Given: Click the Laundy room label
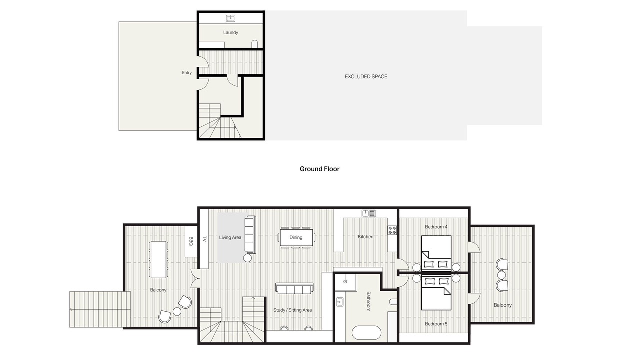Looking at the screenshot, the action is click(231, 32).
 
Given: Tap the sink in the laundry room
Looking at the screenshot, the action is click(231, 18).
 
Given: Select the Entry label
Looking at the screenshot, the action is click(187, 73).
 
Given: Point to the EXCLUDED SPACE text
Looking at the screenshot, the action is click(366, 76).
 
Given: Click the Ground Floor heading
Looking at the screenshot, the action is click(319, 169).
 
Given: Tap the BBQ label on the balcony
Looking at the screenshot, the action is click(191, 241).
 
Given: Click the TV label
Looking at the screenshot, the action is click(204, 239).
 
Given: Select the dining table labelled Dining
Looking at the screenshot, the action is click(296, 237).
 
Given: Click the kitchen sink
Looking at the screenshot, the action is click(369, 213).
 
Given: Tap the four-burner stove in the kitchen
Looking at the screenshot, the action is click(392, 230).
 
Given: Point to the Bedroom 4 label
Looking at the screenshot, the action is click(436, 227).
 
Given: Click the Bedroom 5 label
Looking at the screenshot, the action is click(436, 324).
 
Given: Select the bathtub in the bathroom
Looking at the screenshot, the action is click(366, 333).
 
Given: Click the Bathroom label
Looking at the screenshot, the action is click(368, 301).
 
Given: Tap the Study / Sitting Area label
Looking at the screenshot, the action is click(292, 310).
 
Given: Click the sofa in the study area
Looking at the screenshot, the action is click(294, 289).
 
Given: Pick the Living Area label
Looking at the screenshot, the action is click(230, 237).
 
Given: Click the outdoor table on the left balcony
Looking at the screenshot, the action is click(158, 259).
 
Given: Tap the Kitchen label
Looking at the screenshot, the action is click(365, 237).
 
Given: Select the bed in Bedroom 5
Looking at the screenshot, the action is click(436, 293).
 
